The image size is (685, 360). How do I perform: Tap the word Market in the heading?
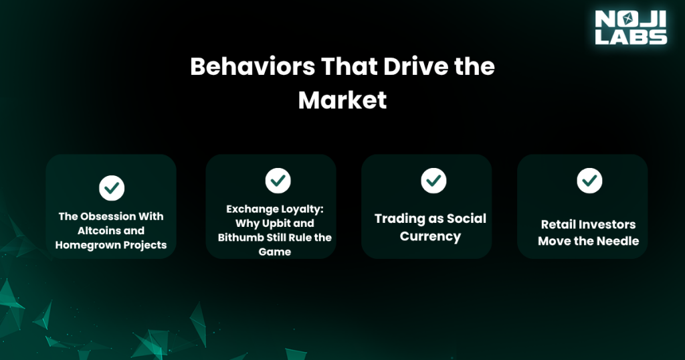click(342, 100)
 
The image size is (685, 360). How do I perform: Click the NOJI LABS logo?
click(631, 27)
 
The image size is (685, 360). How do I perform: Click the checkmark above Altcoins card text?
click(111, 188)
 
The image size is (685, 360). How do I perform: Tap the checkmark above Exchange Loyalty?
click(278, 179)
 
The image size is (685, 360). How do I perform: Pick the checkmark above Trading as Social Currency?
click(433, 180)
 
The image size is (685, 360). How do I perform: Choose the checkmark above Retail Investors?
click(589, 180)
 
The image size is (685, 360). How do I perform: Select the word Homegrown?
click(84, 245)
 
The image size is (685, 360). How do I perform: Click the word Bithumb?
click(239, 238)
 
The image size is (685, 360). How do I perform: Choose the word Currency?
click(430, 236)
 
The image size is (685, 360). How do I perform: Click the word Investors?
click(607, 225)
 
